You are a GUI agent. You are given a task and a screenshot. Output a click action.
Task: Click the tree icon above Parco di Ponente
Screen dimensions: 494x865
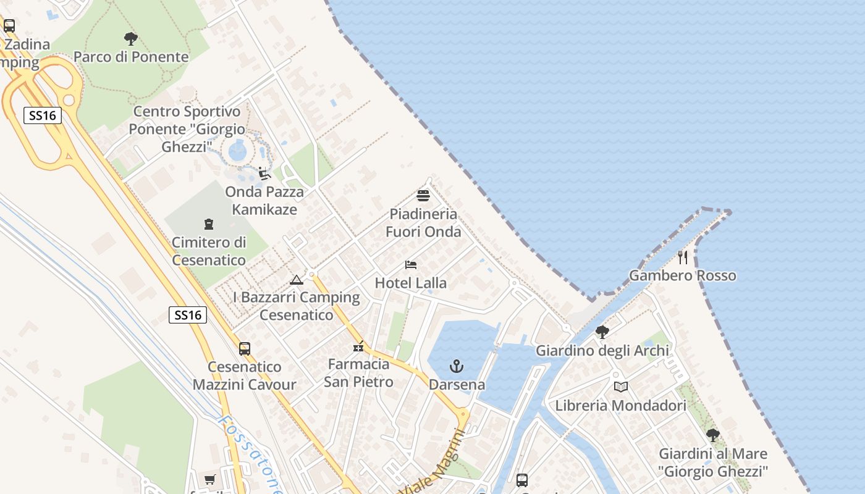pos(130,39)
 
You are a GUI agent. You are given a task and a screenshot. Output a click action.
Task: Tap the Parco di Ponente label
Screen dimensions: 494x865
pos(131,57)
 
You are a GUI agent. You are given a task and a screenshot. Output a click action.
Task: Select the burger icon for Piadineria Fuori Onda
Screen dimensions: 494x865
pos(423,196)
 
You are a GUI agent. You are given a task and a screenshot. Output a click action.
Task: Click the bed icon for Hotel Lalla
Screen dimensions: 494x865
pos(411,265)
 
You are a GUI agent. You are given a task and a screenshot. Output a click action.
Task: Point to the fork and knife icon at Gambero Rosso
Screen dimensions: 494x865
pos(683,257)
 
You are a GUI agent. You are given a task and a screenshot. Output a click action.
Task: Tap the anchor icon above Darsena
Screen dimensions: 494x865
pos(456,366)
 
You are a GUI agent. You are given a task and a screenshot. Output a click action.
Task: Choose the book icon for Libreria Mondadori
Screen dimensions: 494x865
pos(621,387)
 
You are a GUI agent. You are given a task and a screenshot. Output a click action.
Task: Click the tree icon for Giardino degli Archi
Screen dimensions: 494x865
pos(602,332)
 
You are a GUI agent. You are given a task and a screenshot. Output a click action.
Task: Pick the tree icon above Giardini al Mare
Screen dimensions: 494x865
pos(713,435)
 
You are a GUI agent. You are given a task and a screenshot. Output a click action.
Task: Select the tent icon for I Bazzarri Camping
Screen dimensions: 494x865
pos(297,280)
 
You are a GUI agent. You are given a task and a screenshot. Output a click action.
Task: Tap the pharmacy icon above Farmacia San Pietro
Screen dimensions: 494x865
pos(358,346)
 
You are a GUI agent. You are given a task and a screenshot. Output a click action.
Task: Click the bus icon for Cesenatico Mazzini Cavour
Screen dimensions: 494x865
pos(245,348)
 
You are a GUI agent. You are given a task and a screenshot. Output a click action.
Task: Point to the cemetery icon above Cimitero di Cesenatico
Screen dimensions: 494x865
pos(208,224)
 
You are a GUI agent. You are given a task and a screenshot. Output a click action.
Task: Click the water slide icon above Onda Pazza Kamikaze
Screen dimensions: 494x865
pos(264,174)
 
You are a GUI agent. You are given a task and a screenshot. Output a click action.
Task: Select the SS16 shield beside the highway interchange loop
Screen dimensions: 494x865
pos(43,115)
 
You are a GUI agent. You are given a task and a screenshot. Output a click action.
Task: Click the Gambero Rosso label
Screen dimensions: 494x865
pos(683,275)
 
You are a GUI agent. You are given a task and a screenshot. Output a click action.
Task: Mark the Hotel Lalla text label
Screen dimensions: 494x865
pos(411,283)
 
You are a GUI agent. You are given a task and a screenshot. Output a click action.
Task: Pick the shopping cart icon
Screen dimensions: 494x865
pos(210,479)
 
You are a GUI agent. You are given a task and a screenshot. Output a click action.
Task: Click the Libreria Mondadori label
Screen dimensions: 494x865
pos(621,406)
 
